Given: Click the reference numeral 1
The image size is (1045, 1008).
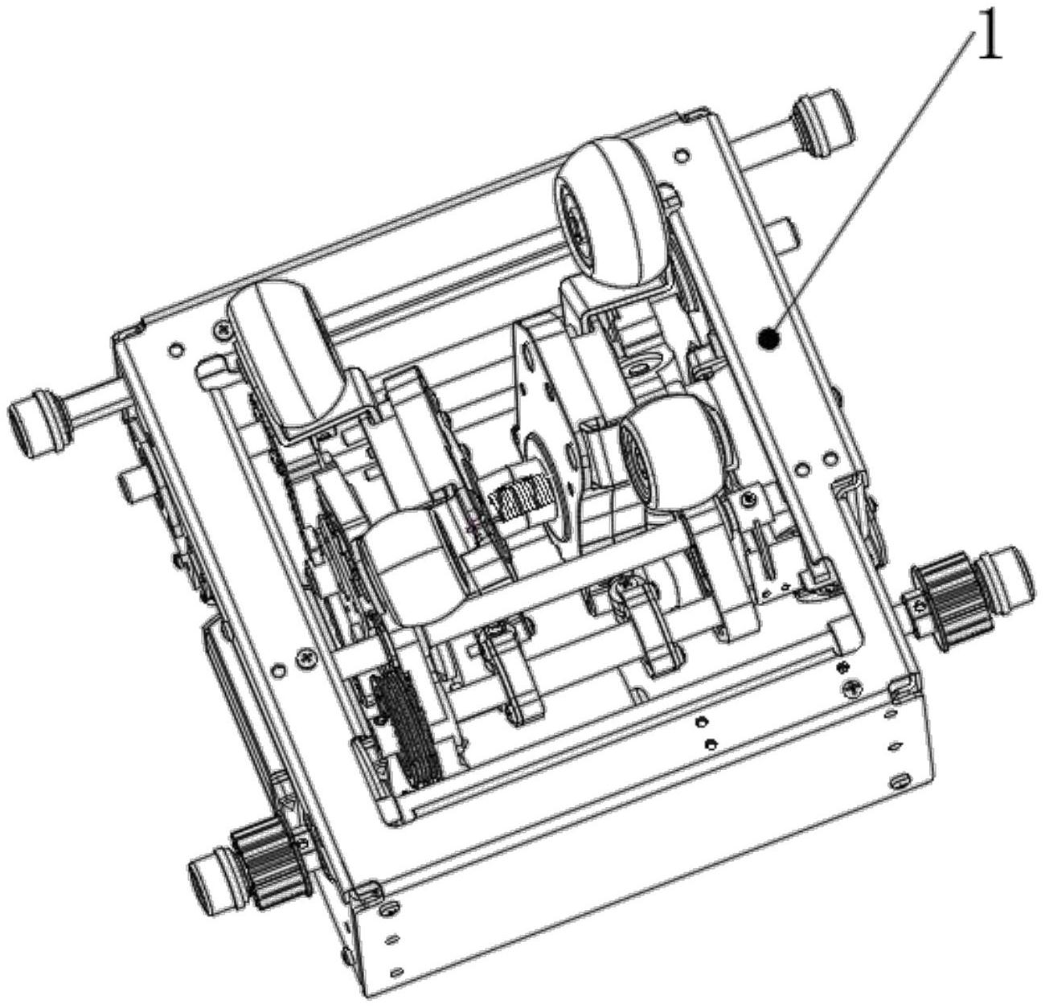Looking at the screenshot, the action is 989,49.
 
